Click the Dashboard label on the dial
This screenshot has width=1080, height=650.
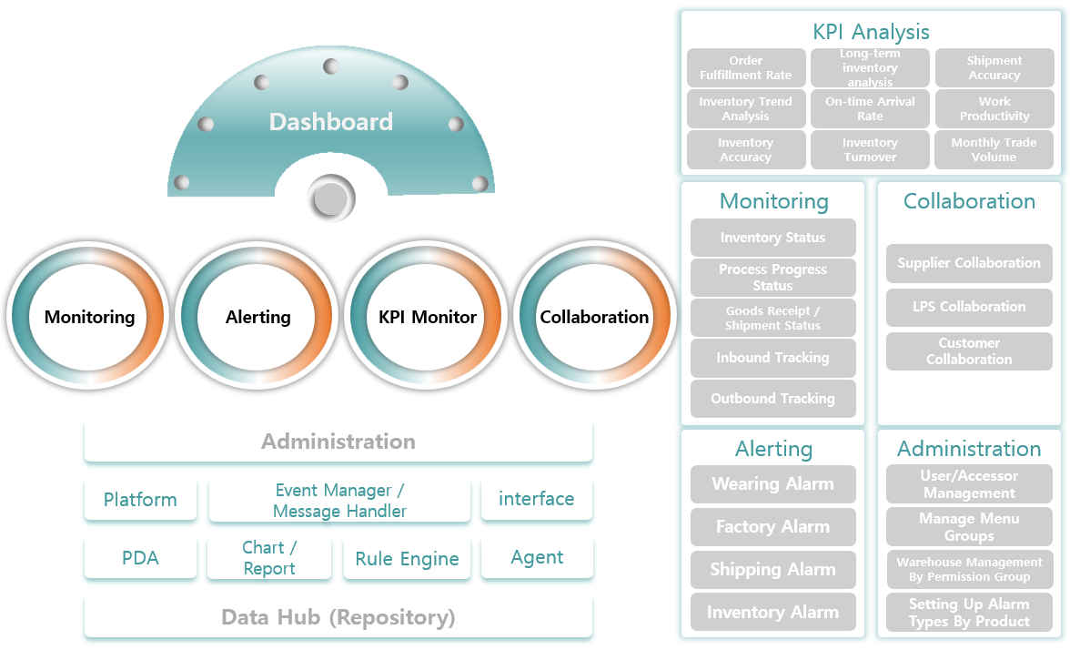331,122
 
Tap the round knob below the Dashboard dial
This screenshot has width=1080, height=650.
330,198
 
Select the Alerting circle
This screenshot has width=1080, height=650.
258,317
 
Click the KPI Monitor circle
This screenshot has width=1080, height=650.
428,317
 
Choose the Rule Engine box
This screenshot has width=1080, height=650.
407,559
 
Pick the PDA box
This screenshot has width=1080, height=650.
140,558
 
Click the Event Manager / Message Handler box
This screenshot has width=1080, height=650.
339,501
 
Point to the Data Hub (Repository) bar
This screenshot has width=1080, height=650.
338,617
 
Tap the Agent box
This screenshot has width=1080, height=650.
537,557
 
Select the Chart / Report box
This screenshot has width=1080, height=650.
269,558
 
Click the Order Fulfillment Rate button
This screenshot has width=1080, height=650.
746,68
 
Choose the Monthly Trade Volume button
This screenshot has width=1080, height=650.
994,150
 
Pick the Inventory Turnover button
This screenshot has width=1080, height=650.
870,150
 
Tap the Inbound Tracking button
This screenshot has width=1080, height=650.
772,358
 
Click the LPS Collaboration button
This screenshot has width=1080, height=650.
969,307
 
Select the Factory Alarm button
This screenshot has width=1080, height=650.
772,527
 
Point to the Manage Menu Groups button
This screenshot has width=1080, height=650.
969,527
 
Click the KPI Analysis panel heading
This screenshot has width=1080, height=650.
871,32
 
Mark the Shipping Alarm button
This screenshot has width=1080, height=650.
772,570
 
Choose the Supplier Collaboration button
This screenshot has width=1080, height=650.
969,263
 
